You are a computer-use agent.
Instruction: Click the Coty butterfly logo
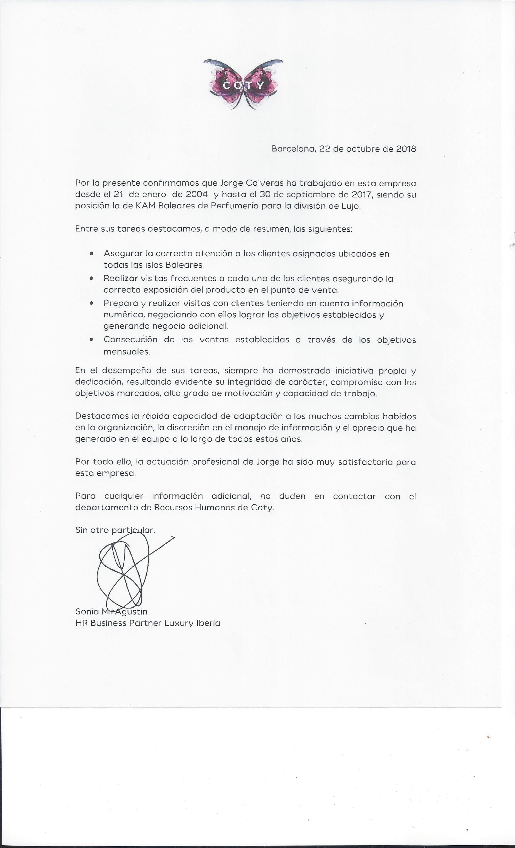243,84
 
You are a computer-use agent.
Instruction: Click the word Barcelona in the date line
294,149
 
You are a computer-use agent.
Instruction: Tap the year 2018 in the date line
406,149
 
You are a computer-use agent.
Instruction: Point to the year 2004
197,194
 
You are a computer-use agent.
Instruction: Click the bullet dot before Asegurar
91,253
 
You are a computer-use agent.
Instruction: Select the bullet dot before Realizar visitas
91,278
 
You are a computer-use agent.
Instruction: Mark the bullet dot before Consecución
91,339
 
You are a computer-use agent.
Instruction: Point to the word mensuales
127,352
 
